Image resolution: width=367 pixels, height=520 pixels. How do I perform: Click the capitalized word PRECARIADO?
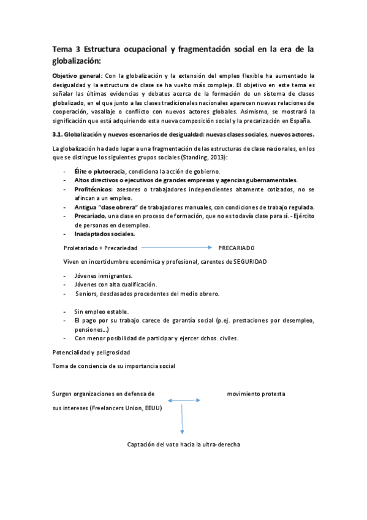coord(236,248)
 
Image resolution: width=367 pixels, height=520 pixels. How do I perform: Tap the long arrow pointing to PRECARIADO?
coord(177,247)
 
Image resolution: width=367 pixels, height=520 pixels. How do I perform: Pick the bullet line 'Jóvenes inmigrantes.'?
coord(103,275)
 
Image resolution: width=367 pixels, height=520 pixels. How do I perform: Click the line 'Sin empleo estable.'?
coord(101,312)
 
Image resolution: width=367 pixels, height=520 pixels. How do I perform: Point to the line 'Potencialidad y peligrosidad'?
coord(91,353)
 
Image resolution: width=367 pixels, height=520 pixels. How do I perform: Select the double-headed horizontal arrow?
coord(183,401)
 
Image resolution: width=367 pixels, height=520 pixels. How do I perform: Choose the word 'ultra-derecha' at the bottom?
coord(222,444)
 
